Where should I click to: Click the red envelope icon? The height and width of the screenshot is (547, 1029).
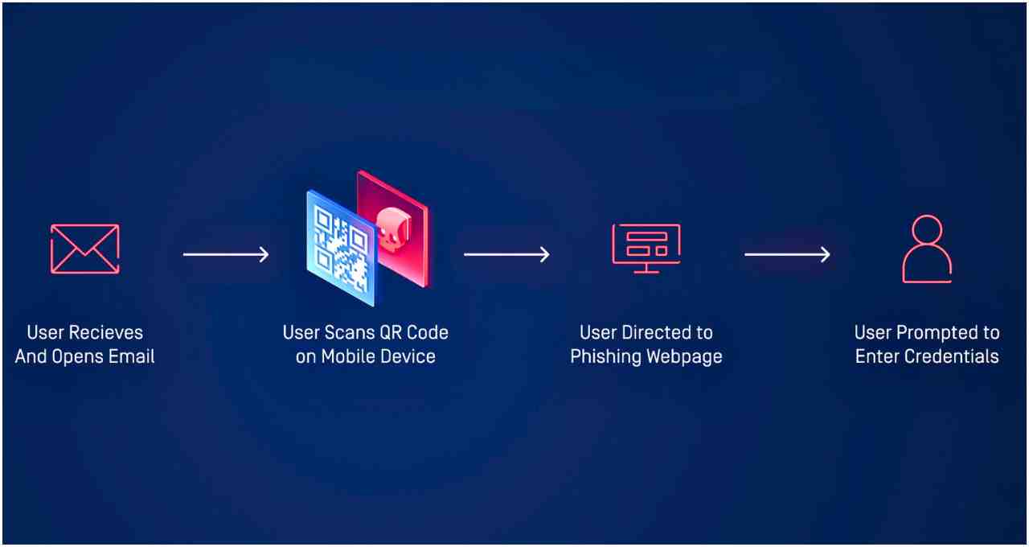pos(85,249)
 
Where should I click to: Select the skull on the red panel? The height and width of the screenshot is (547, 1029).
pos(394,229)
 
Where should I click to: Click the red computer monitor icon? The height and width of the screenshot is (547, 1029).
pos(646,249)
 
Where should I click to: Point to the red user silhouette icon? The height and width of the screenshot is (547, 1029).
pos(927,249)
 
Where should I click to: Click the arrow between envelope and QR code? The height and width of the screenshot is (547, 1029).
pos(226,254)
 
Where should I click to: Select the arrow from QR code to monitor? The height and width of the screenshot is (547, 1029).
pos(506,254)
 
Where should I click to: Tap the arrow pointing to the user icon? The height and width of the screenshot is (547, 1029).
pos(787,254)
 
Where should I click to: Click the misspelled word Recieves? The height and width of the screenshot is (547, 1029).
pos(105,332)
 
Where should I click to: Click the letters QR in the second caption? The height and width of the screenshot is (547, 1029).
pos(388,332)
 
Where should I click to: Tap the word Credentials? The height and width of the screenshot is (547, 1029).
pos(952,356)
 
